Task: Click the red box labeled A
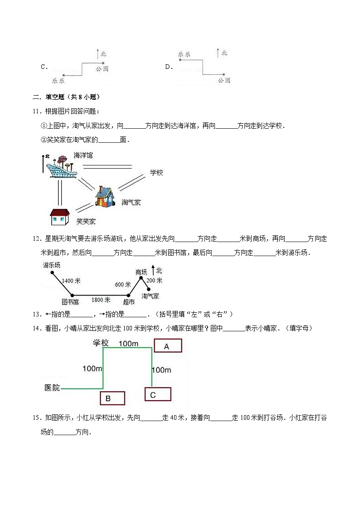(x=168, y=346)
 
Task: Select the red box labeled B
(x=112, y=398)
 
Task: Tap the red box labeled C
(x=157, y=394)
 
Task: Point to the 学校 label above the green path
(x=101, y=343)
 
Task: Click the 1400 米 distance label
(x=71, y=281)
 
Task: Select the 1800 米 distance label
(x=101, y=300)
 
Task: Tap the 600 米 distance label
(x=122, y=284)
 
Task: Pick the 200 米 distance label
(x=155, y=281)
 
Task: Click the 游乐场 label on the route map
(x=52, y=265)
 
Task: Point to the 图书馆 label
(x=70, y=301)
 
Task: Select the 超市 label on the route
(x=129, y=301)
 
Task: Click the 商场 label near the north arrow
(x=141, y=272)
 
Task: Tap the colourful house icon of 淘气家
(x=107, y=198)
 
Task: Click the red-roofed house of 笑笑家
(x=59, y=217)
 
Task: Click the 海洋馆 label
(x=83, y=155)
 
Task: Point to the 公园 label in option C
(x=102, y=69)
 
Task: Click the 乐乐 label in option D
(x=184, y=54)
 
